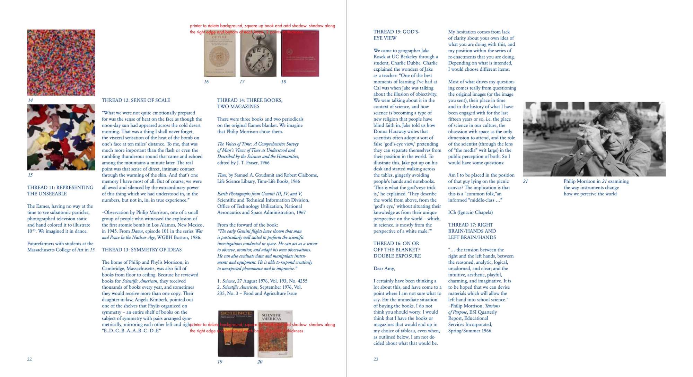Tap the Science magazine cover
click(236, 333)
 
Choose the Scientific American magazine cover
click(275, 333)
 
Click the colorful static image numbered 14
click(61, 62)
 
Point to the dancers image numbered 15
click(61, 137)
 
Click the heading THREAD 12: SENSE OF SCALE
click(136, 100)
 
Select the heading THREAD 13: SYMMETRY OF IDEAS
click(141, 250)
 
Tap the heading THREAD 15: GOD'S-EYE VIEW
click(396, 35)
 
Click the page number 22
click(29, 359)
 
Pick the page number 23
click(376, 359)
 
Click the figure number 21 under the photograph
click(525, 181)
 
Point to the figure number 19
click(220, 362)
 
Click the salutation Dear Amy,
click(384, 269)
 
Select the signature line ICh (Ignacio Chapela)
click(470, 212)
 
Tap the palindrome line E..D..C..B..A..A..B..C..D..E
click(131, 331)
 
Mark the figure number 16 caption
click(206, 82)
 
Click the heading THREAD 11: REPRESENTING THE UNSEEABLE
click(60, 191)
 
